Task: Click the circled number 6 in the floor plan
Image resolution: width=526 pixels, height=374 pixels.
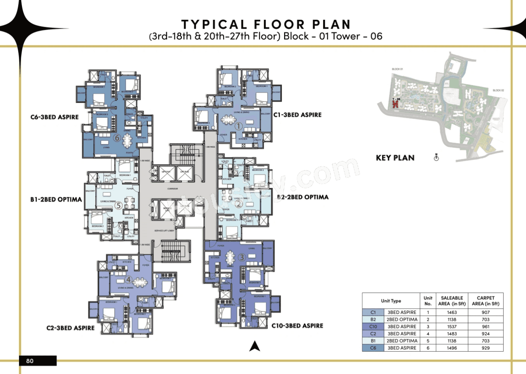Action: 117,137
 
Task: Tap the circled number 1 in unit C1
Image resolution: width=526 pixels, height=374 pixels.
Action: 239,126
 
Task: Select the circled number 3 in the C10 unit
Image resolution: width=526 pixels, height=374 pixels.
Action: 242,257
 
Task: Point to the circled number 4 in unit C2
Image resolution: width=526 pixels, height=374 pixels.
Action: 129,280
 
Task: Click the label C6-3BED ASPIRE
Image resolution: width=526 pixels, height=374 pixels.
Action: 55,117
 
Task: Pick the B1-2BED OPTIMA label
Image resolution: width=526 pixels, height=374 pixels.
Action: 56,200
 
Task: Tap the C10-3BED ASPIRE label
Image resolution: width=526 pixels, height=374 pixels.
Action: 297,326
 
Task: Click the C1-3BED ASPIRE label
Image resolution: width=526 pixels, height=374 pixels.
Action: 297,115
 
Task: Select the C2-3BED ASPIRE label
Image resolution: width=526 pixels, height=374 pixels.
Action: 70,328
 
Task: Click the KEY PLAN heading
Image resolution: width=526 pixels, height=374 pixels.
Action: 395,158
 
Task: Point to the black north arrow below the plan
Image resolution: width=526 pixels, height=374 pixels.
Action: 254,346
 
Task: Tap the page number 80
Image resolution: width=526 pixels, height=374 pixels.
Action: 30,361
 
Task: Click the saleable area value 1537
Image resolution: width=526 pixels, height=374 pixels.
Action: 452,326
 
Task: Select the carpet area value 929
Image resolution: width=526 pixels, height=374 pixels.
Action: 485,348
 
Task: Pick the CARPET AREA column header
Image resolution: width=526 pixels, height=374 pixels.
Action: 485,301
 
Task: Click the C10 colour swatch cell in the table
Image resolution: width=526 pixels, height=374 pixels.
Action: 373,326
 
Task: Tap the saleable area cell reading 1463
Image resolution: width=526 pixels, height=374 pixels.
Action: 452,312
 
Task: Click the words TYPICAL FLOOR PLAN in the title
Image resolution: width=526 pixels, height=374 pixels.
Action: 266,24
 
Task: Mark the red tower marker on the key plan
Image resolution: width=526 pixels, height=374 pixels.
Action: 395,103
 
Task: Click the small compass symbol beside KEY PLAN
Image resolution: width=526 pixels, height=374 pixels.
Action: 436,157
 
